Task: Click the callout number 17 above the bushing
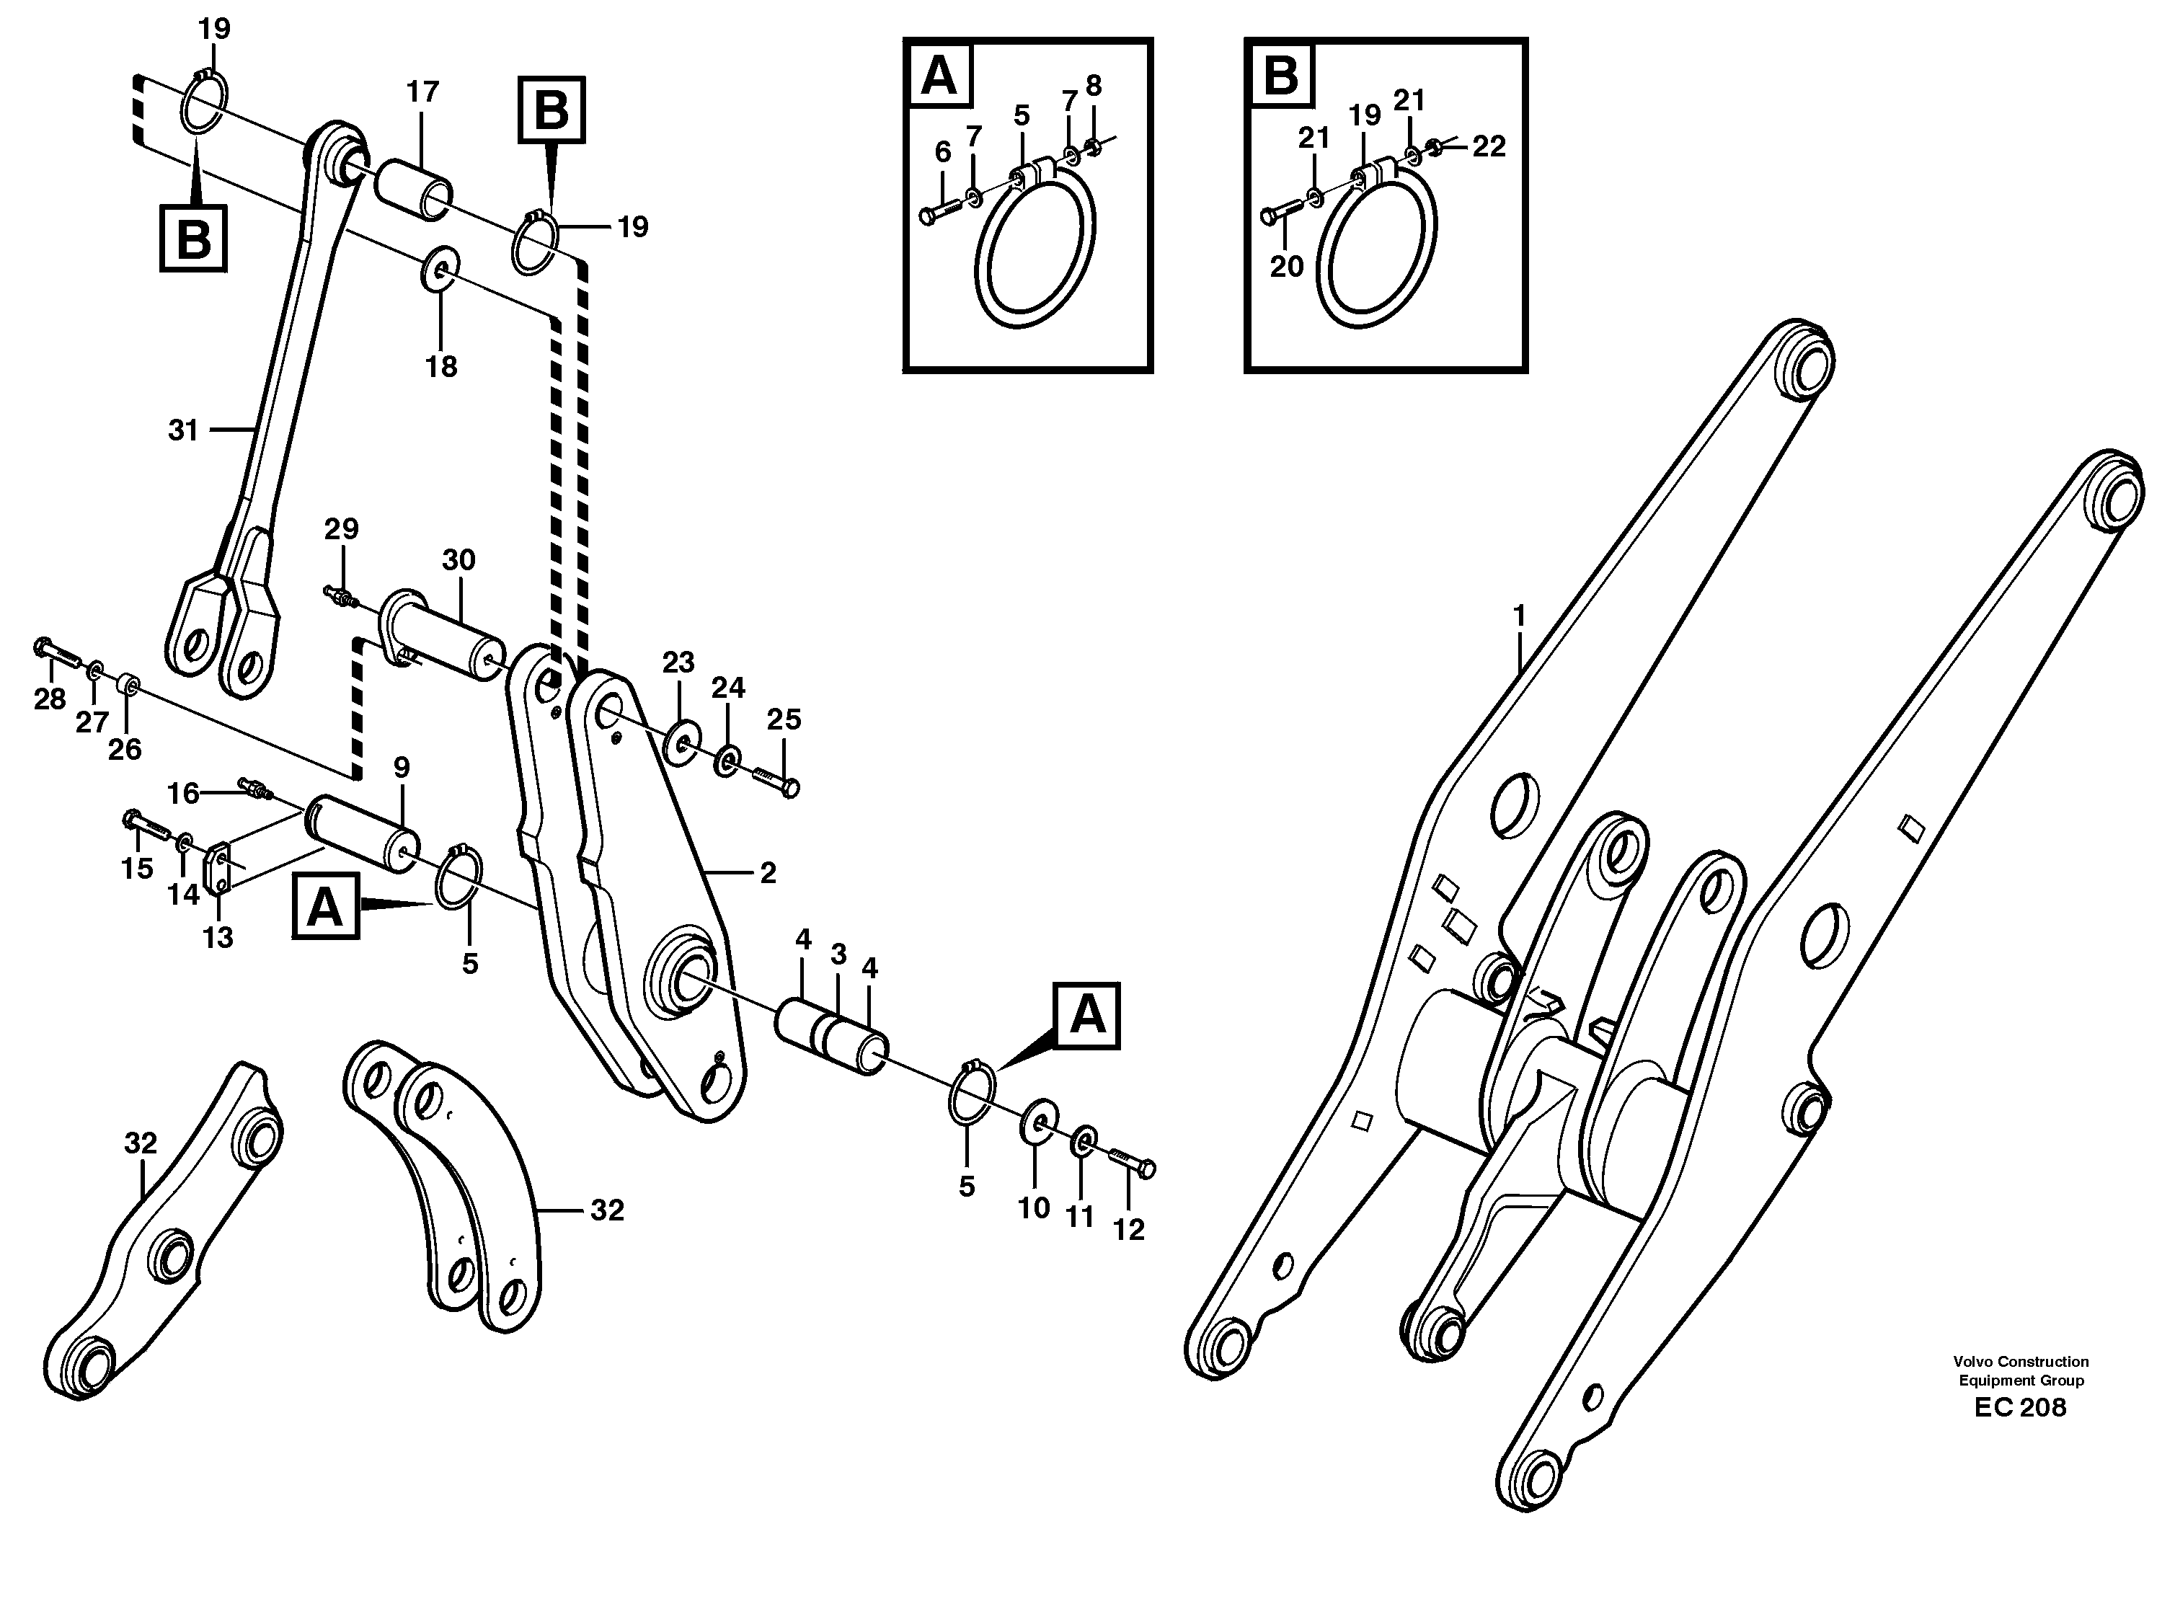pos(422,92)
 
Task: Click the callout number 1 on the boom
pos(1518,616)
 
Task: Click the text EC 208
pos(2020,1408)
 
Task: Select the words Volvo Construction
pos(2021,1362)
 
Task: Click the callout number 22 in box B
pos(1489,146)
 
